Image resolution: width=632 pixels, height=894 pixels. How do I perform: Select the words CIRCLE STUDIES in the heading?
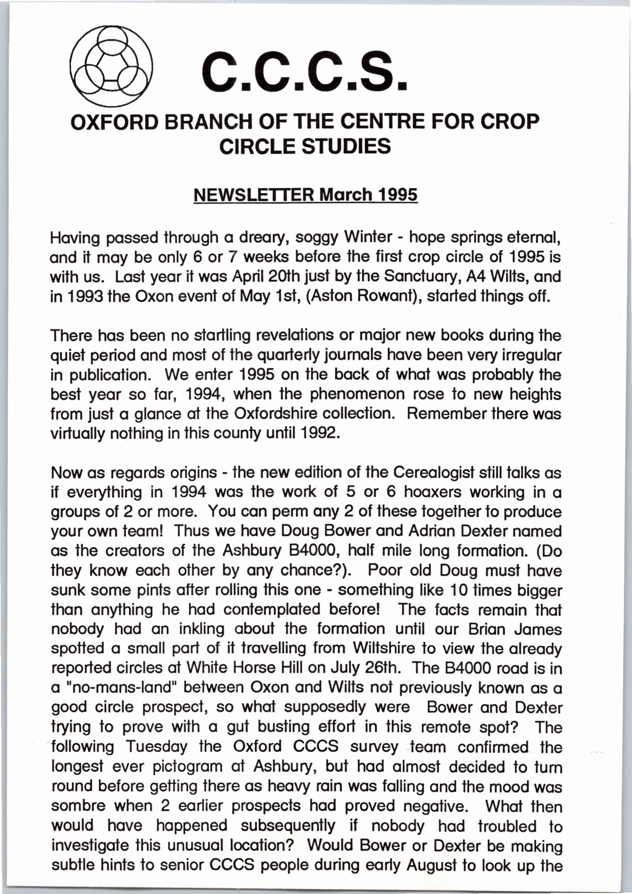[x=305, y=146]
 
